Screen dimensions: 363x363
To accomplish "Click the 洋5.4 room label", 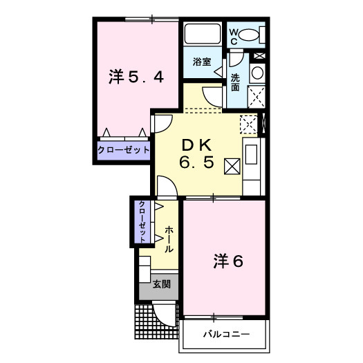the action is [136, 77].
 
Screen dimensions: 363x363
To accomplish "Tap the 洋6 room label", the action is [228, 261].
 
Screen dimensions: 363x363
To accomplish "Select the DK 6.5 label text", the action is [196, 154].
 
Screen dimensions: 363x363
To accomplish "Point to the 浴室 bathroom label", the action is [202, 62].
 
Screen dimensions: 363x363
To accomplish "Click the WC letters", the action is [234, 37].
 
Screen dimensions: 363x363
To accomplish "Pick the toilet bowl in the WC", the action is [249, 35].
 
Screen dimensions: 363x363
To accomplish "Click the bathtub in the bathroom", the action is [203, 34].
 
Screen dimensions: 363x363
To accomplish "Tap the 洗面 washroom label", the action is [235, 82].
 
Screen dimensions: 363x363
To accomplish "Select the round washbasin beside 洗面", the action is [257, 73].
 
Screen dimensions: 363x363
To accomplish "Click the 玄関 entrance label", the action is [162, 284].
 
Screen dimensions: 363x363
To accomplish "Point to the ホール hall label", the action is [169, 239].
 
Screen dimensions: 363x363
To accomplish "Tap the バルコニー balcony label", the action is [226, 334].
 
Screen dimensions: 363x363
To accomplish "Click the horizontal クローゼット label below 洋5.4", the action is [123, 150].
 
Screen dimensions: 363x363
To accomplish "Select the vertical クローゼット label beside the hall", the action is [142, 221].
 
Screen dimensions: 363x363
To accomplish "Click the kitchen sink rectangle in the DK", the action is [251, 155].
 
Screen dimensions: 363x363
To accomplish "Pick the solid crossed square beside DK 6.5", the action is [232, 166].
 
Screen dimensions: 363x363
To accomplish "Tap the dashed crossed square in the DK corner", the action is [249, 124].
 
